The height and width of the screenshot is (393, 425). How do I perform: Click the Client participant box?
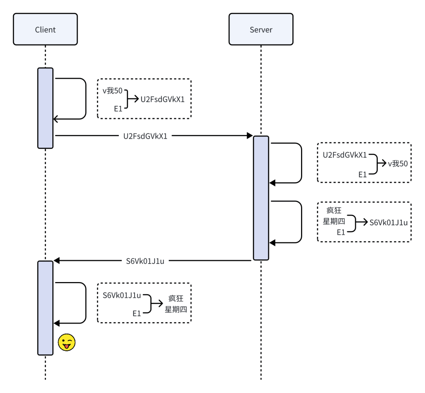(45, 30)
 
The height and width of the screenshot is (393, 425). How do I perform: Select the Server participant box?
(261, 30)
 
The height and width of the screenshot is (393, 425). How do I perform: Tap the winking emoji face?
(67, 343)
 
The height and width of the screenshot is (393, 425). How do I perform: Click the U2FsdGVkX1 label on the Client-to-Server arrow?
(146, 136)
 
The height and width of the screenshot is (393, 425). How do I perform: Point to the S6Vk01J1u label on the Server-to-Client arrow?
(145, 260)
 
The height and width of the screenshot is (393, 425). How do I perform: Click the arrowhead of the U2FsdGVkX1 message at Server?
(249, 136)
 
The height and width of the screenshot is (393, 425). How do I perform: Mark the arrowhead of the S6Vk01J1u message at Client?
(57, 260)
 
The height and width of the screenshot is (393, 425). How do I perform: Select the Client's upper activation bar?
(45, 108)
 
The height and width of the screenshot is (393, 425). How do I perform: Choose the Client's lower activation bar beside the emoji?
(45, 308)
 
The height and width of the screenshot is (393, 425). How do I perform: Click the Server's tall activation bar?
(261, 198)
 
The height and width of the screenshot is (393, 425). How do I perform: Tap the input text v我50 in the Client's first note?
(113, 91)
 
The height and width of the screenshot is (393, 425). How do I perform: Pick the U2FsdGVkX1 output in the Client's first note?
(163, 100)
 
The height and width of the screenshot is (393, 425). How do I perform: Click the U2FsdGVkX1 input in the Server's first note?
(345, 155)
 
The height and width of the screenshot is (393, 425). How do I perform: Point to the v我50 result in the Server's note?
(397, 164)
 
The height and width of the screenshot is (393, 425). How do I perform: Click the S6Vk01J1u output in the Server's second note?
(388, 223)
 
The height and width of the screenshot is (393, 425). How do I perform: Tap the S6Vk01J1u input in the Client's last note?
(122, 295)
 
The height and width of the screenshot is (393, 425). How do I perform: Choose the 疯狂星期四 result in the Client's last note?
(176, 304)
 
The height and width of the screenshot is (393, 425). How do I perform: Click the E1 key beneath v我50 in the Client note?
(118, 108)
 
